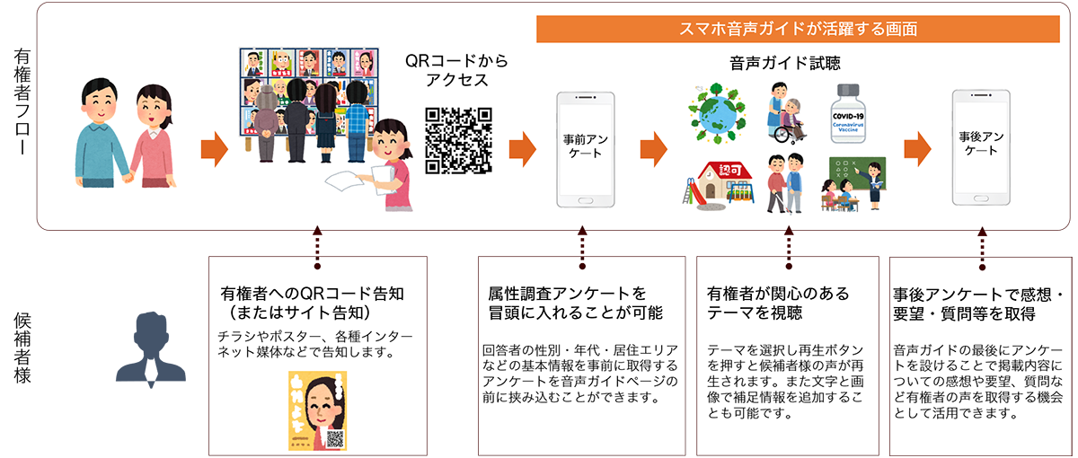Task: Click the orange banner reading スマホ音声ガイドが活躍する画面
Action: coord(799,30)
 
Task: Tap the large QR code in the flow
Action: coord(459,140)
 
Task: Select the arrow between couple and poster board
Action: coord(214,150)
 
